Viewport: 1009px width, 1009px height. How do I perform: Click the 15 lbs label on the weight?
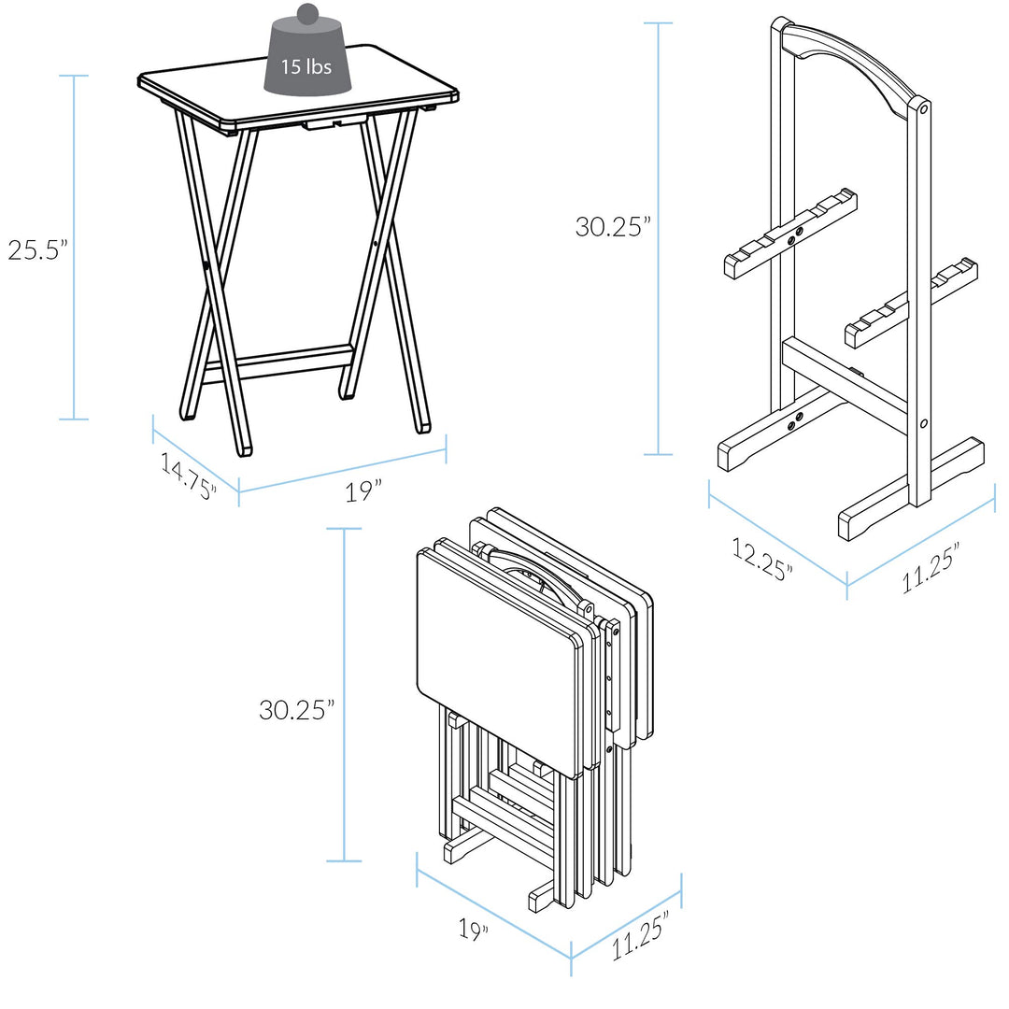pos(306,67)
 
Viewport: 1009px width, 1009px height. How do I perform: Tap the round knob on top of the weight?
pos(307,14)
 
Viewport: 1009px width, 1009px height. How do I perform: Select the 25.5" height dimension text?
pos(38,249)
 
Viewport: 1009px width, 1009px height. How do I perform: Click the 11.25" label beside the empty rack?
pos(931,569)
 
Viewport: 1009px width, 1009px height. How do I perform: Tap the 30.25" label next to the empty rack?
pos(613,226)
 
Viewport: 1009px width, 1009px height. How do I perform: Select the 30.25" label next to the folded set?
pos(297,709)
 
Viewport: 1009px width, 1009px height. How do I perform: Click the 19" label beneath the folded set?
pos(474,931)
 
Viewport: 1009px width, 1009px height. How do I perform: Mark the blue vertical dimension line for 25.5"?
pos(74,248)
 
